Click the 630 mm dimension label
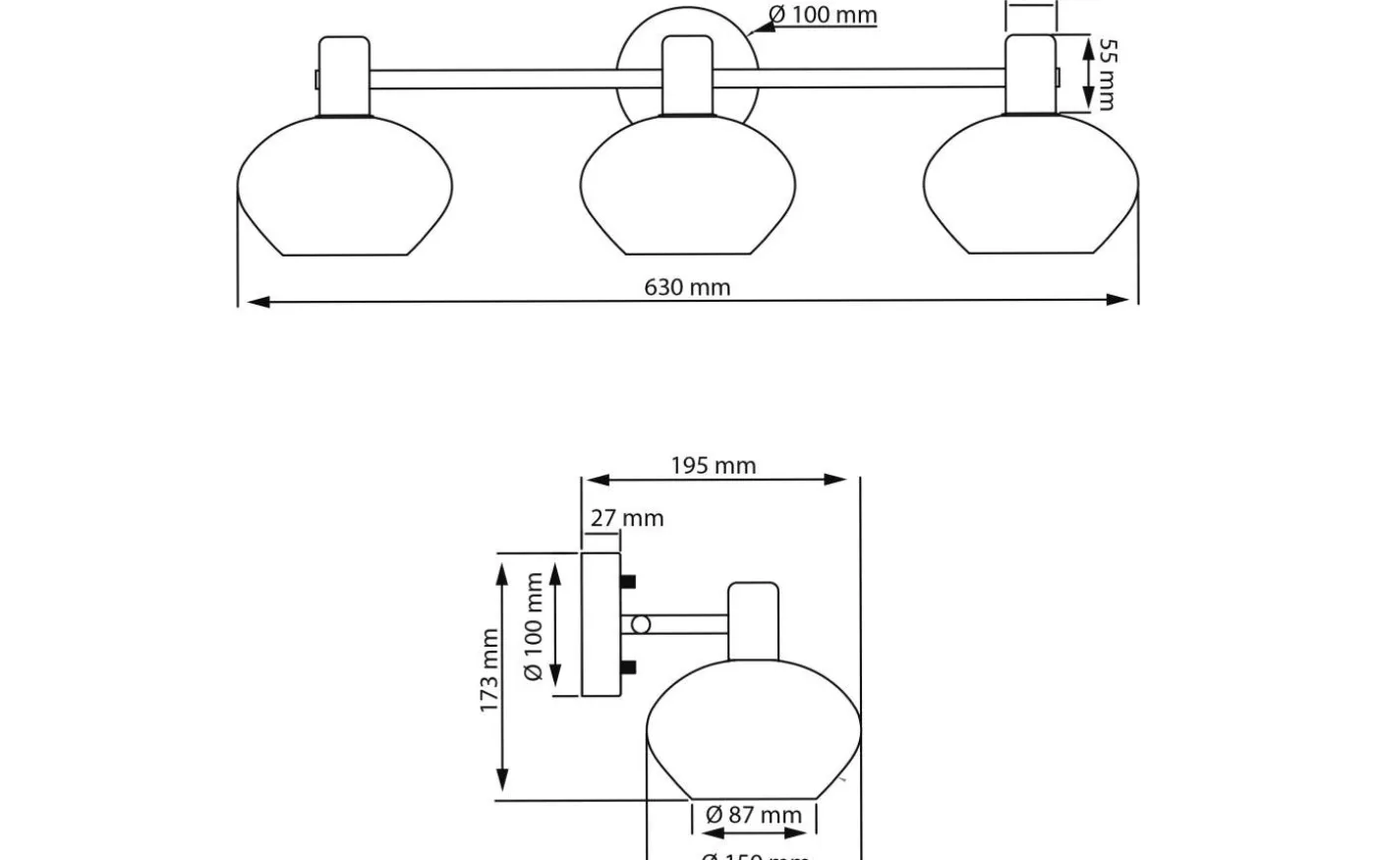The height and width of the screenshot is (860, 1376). point(687,287)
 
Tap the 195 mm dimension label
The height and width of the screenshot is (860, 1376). point(714,465)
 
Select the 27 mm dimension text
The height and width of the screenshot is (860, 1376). point(627,517)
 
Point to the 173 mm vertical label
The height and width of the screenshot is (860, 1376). point(489,671)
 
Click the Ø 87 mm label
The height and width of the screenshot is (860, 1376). point(754,815)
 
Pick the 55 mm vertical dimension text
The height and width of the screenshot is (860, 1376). point(1107,75)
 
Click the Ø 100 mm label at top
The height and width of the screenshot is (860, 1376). point(823,15)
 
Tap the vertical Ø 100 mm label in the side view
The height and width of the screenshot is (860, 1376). point(535,626)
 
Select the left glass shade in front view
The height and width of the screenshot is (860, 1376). point(345,187)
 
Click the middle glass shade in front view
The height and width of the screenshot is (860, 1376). point(688,187)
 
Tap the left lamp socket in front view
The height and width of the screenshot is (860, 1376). point(344,77)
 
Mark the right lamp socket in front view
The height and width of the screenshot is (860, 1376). point(1030,75)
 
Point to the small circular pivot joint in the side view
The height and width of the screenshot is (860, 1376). point(641,624)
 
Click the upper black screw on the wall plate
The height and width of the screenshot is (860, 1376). point(628,582)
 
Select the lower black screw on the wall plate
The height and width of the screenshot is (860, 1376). point(628,668)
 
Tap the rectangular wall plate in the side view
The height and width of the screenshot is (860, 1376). point(601,625)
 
